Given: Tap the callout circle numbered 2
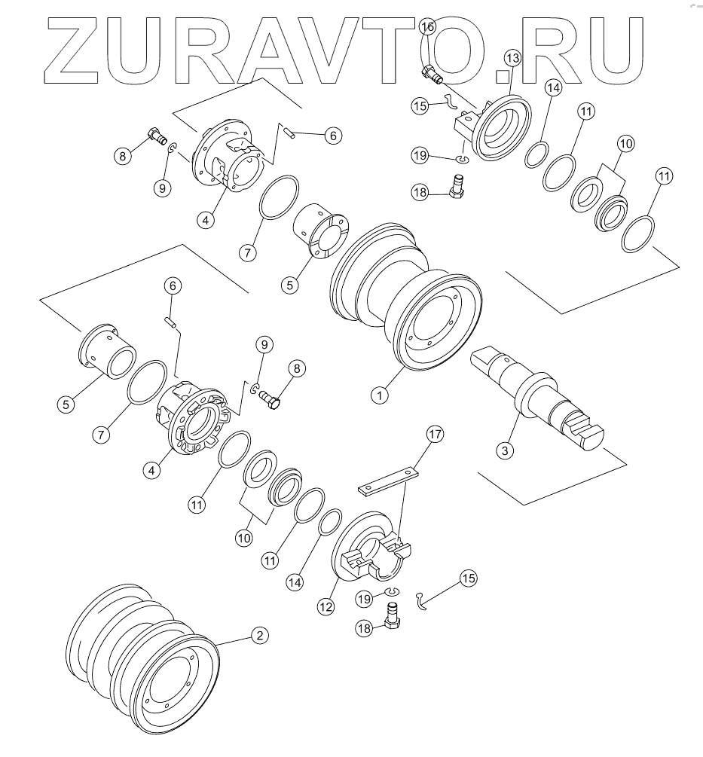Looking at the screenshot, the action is [258, 636].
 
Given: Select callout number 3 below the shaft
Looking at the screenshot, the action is [506, 450].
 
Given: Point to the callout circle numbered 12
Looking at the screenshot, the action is [326, 604].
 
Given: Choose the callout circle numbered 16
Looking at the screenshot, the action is [427, 27].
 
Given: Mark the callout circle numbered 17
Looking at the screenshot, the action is [435, 434].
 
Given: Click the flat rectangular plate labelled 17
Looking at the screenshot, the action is [389, 481].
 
